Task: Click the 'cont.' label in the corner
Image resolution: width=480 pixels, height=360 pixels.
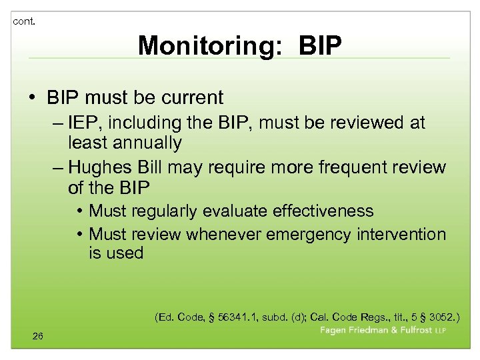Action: click(x=24, y=21)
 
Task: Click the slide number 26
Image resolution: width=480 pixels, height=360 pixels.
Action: click(x=37, y=336)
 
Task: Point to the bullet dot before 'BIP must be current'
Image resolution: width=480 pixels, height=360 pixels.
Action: click(x=33, y=98)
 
